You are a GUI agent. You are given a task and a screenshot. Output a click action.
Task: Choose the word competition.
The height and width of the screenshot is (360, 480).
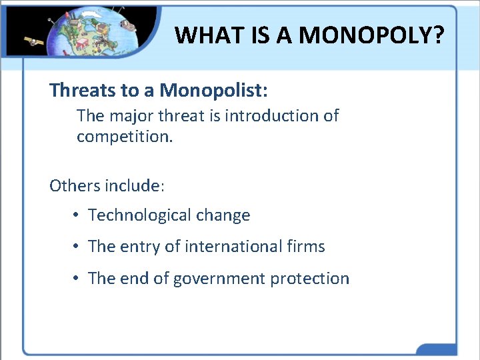click(x=124, y=137)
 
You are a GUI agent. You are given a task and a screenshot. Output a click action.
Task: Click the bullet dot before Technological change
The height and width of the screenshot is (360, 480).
click(x=77, y=215)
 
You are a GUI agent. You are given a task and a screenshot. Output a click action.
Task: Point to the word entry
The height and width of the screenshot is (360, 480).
click(x=140, y=247)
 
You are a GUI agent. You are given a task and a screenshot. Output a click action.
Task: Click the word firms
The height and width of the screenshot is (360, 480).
click(x=309, y=247)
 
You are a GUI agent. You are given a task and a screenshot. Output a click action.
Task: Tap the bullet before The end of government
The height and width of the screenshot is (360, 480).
click(x=77, y=279)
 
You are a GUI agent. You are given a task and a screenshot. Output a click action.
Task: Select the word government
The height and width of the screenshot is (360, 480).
click(x=219, y=279)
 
